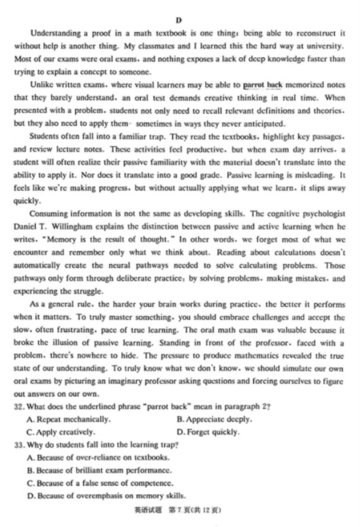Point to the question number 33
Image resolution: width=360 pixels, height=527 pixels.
pos(20,445)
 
